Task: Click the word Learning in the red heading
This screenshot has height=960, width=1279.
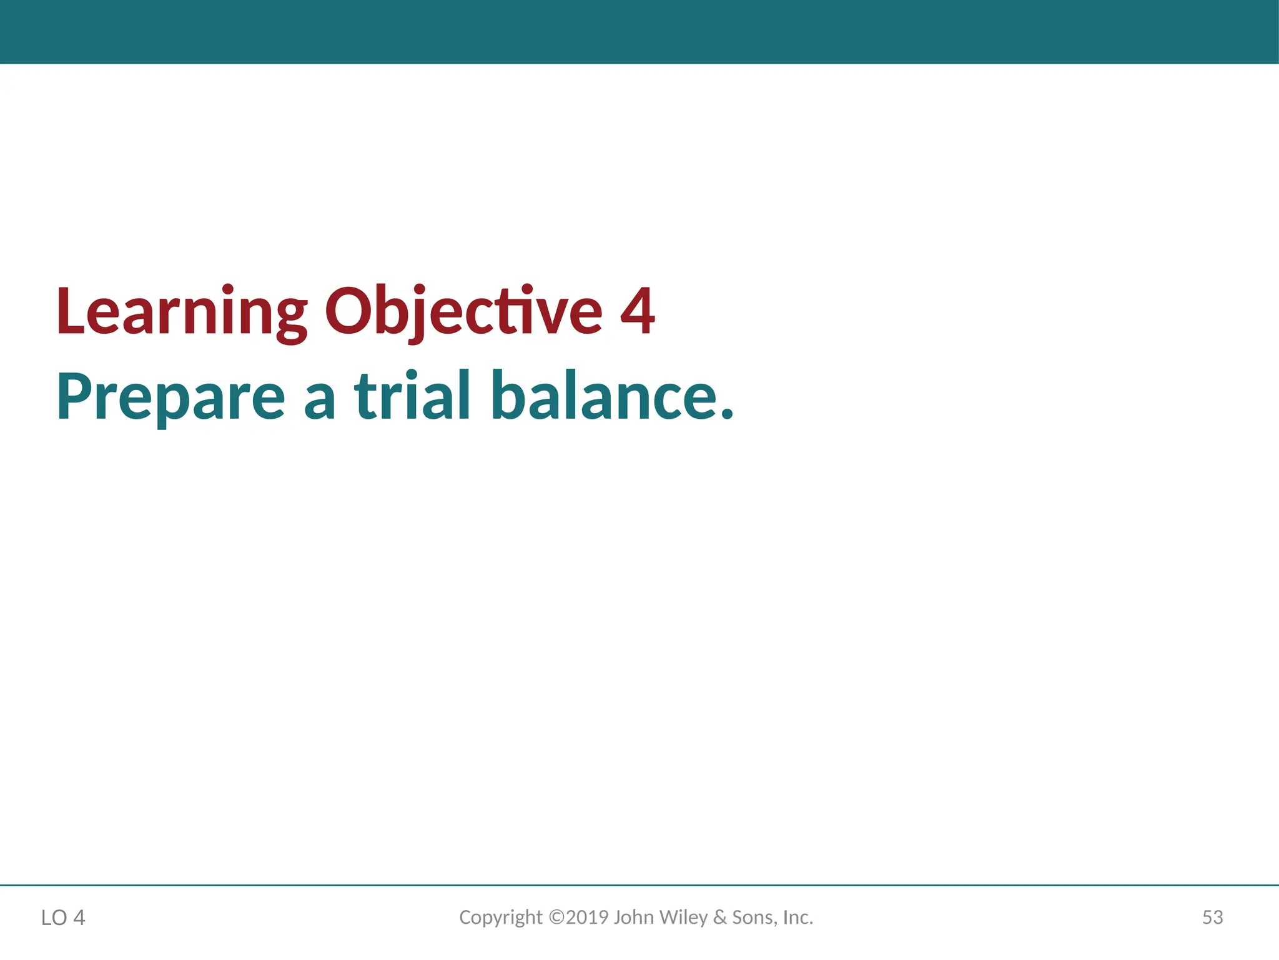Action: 181,311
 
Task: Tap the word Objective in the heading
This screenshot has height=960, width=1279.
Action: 463,311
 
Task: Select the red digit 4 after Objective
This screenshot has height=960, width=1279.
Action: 638,311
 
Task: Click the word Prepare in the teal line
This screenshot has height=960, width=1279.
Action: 170,397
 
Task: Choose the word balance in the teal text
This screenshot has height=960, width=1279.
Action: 603,396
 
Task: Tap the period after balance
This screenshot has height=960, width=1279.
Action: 726,413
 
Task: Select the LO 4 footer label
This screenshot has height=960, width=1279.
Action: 63,917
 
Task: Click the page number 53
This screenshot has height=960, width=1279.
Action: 1212,917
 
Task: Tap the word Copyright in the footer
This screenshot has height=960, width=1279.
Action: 501,917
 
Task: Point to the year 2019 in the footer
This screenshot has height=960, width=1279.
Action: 587,917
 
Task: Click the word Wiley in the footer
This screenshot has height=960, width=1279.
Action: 683,917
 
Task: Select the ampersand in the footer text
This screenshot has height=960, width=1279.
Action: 720,917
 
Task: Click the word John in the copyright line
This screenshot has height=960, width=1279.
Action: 634,917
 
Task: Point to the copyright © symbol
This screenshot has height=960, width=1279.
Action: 556,917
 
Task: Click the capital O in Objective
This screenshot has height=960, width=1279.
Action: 348,311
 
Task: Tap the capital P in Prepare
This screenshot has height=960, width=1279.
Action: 74,396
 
